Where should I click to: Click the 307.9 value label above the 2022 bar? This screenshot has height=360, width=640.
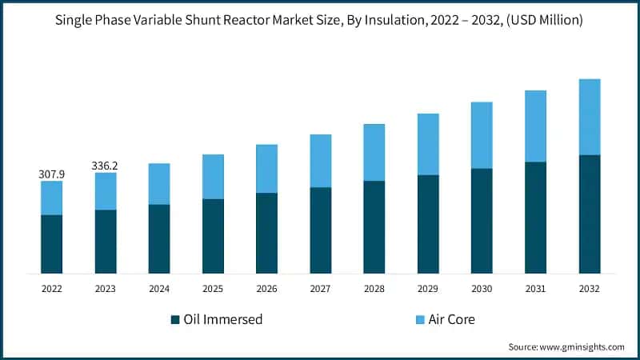pos(51,174)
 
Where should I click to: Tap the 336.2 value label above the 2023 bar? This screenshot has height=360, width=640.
pos(105,166)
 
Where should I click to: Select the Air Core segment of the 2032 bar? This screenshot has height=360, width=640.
pos(589,117)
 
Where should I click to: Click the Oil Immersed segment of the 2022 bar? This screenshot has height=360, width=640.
pos(51,244)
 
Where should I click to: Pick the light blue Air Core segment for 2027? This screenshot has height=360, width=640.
pos(320,161)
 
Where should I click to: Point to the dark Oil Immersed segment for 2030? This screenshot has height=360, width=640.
pos(482,221)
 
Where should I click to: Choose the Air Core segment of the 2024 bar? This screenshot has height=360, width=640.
pos(158,184)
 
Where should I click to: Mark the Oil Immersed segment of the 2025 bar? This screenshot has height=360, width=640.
pos(213,236)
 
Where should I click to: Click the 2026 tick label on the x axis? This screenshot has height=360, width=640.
pos(266,288)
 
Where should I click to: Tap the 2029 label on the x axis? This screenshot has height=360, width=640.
pos(428,288)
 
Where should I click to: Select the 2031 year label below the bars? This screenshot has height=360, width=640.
pos(535,288)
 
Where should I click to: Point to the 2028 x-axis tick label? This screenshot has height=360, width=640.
pos(374,288)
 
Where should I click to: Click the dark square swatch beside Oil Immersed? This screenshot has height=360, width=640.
pos(175,320)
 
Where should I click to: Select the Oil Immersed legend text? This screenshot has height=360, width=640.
pos(222,320)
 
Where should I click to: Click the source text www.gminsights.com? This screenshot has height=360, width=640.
pos(582,346)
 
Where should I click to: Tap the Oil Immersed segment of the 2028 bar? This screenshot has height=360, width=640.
pos(374,227)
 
